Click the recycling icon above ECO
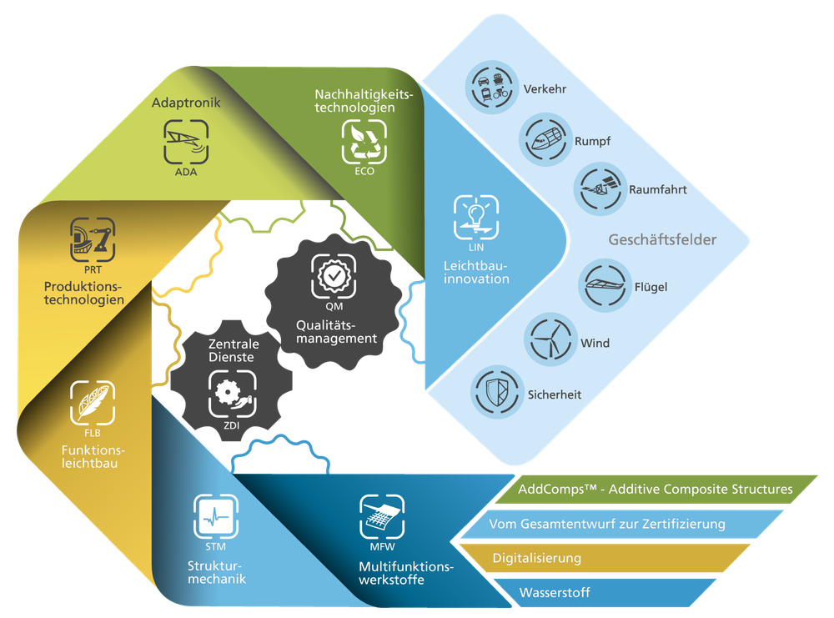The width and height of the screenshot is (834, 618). [364, 141]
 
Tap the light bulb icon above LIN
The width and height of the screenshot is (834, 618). [476, 217]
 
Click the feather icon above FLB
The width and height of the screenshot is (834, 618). [92, 403]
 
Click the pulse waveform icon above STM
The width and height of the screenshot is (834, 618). [215, 517]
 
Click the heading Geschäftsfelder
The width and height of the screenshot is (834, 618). [662, 240]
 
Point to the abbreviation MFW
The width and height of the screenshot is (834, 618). [382, 547]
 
